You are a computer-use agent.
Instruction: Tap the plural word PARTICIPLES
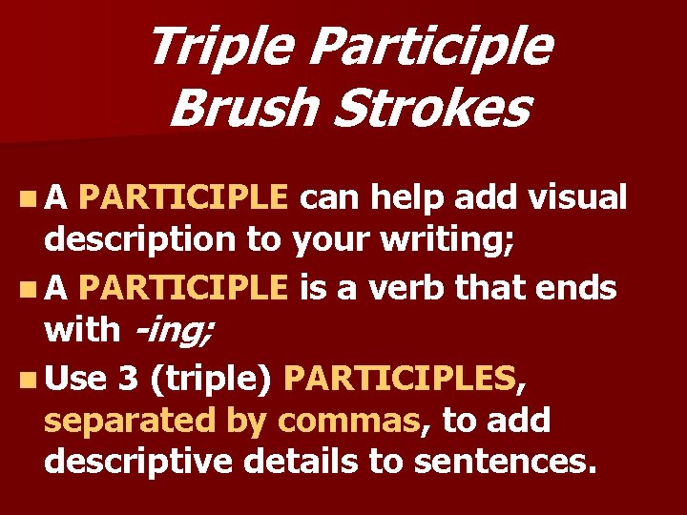click(400, 379)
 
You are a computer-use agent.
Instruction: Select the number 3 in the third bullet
click(128, 379)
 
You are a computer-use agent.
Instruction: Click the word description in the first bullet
click(141, 241)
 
